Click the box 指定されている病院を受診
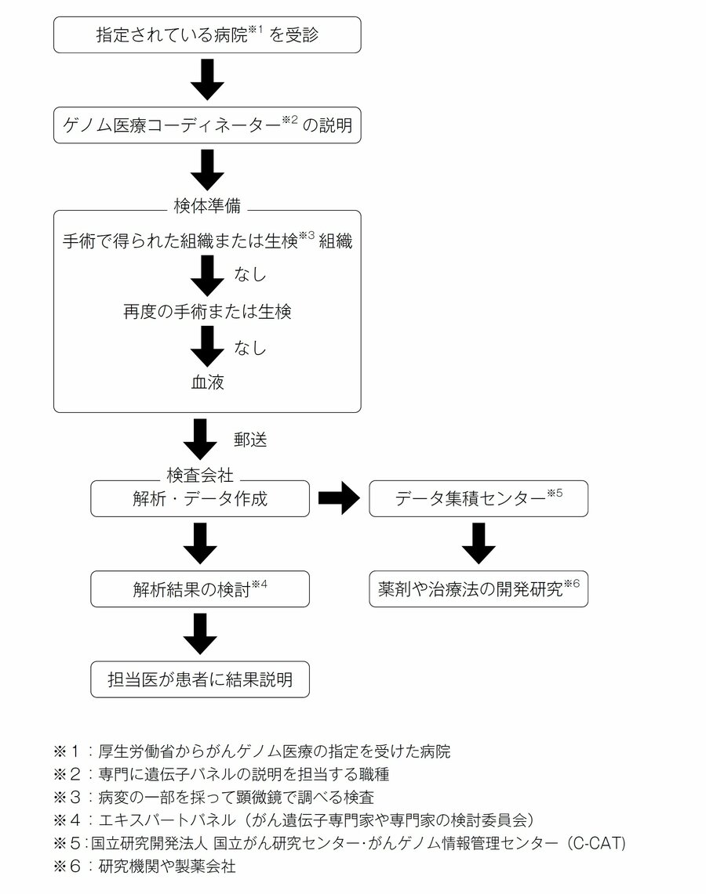coord(207,34)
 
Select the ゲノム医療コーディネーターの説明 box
coord(207,125)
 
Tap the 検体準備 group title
coord(207,205)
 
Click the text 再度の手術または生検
coord(207,311)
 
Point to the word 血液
coord(207,382)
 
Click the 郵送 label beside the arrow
coord(250,440)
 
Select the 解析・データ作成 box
coord(200,499)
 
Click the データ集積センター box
coord(479,499)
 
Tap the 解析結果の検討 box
coord(200,589)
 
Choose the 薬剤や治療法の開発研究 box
coord(479,589)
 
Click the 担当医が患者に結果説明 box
coord(200,679)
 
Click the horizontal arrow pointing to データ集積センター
coord(339,499)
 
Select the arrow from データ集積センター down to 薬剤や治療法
coord(479,544)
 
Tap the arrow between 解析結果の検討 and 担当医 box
coord(200,634)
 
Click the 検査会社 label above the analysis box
coord(200,474)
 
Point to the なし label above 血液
coord(250,347)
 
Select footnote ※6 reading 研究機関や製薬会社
coord(144,866)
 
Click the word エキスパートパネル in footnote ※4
coord(166,820)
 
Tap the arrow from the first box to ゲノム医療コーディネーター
coord(207,80)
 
